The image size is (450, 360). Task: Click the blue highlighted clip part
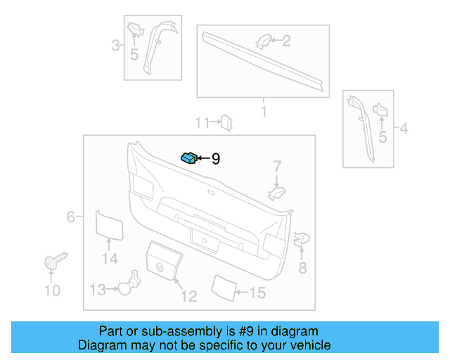[x=189, y=157]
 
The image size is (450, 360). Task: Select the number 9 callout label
[x=215, y=160]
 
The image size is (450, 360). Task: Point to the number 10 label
[x=52, y=290]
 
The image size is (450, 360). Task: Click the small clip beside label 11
[x=226, y=123]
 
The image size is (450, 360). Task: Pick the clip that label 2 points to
[x=262, y=41]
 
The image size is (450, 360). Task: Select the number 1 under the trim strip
[x=264, y=111]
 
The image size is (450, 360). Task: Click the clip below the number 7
[x=277, y=192]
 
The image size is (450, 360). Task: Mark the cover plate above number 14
[x=109, y=224]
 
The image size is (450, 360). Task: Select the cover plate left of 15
[x=224, y=288]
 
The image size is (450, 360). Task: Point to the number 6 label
[x=70, y=217]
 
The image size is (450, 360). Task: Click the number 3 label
[x=115, y=46]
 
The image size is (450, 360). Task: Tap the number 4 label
[x=403, y=129]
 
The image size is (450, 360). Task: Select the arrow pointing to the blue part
[x=203, y=159]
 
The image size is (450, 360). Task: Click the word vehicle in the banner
[x=307, y=345]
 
